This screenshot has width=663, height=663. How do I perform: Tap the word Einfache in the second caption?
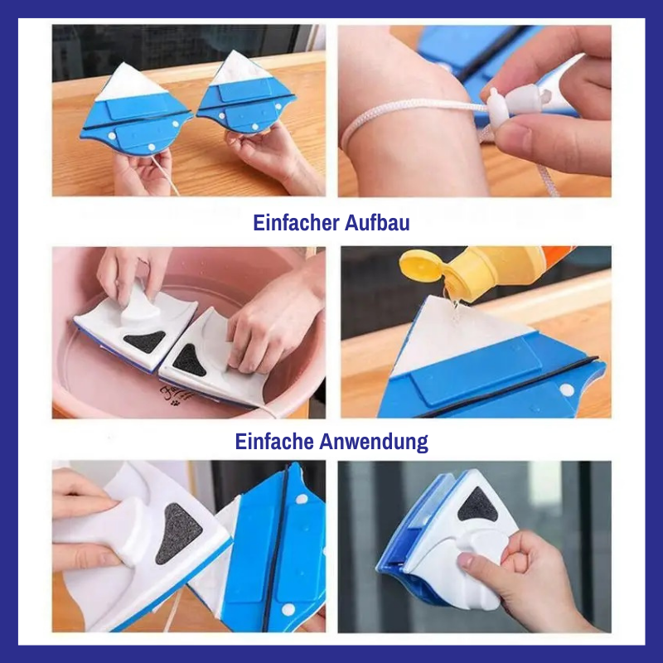pyautogui.click(x=274, y=442)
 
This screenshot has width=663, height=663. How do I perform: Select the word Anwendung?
pyautogui.click(x=374, y=443)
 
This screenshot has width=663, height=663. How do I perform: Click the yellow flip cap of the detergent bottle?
pyautogui.click(x=422, y=265)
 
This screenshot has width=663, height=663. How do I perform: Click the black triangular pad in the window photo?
pyautogui.click(x=478, y=505)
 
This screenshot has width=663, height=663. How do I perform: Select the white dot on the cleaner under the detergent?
pyautogui.click(x=567, y=390)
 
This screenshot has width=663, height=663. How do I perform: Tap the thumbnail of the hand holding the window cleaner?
pyautogui.click(x=466, y=561)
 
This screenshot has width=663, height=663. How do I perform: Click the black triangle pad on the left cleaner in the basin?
pyautogui.click(x=145, y=341)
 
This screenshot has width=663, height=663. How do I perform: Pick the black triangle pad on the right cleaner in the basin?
pyautogui.click(x=189, y=361)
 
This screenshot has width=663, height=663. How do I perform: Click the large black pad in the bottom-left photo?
pyautogui.click(x=177, y=534)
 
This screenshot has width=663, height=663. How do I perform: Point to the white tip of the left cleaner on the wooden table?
pyautogui.click(x=132, y=82)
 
